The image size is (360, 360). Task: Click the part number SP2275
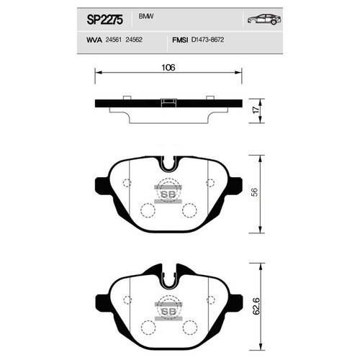tap(104, 19)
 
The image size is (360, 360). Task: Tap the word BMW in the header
tap(146, 17)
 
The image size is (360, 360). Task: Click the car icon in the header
tap(264, 19)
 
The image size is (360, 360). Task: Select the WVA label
tap(94, 40)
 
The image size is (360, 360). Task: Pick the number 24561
tap(114, 40)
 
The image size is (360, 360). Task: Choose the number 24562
tap(134, 40)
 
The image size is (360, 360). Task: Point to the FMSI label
tap(180, 40)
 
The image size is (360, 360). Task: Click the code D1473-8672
tap(207, 40)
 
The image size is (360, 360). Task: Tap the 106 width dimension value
tap(168, 68)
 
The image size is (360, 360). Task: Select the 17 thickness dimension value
tap(256, 110)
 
